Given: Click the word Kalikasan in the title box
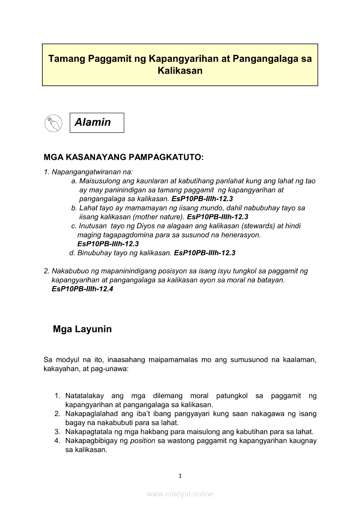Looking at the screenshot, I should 180,71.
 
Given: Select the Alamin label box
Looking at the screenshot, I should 97,122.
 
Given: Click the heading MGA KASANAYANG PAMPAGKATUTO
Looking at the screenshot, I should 123,157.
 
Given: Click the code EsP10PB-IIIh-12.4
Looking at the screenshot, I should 82,289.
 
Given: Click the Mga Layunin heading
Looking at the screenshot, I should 82,329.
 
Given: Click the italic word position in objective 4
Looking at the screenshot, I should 143,441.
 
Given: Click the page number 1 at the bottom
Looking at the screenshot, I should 180,476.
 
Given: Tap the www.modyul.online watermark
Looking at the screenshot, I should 180,494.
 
